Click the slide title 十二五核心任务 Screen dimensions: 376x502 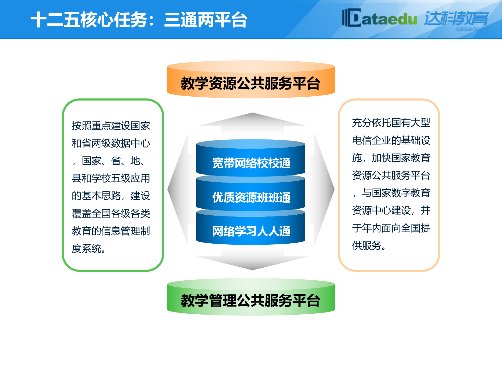(89, 20)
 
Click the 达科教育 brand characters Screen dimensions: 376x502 (456, 18)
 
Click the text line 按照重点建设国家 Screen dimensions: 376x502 (111, 126)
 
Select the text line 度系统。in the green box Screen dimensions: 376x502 (89, 248)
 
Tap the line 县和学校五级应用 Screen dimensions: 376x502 (111, 178)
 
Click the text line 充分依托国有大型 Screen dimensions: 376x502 (391, 123)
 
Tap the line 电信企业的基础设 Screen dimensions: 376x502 (391, 140)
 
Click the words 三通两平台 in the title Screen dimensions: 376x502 (206, 20)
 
